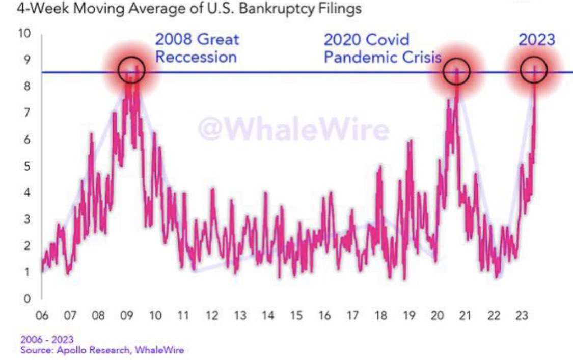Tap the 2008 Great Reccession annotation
(x=197, y=48)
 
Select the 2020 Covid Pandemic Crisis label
(x=383, y=48)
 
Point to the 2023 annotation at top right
(x=536, y=40)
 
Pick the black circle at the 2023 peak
(x=534, y=70)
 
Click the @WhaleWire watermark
(x=293, y=129)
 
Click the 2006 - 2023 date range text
(x=47, y=340)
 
